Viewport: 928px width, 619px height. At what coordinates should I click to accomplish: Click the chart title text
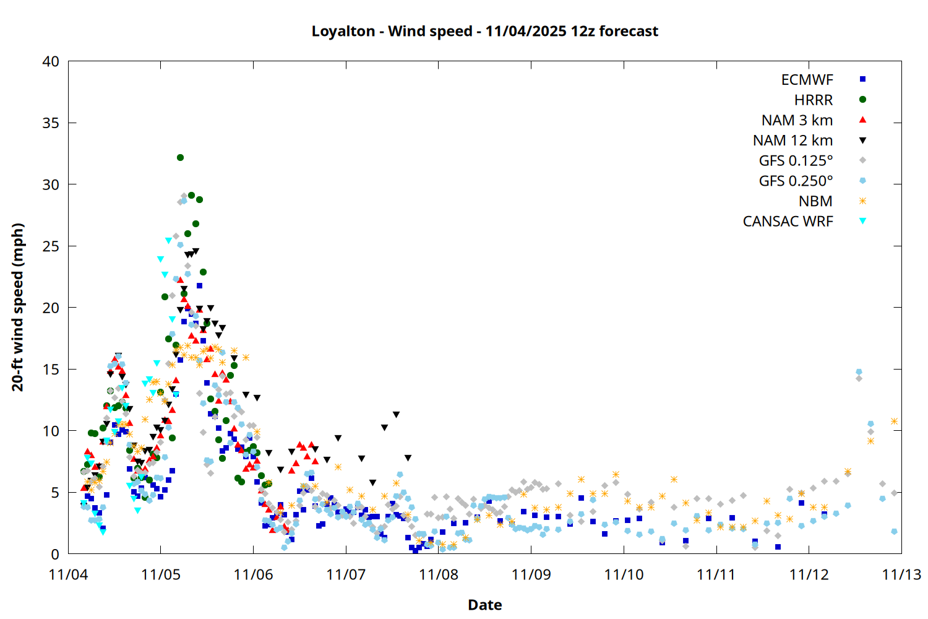click(484, 31)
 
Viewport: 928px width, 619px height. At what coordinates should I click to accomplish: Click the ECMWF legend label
click(807, 80)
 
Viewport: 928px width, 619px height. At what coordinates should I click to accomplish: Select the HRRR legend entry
click(814, 100)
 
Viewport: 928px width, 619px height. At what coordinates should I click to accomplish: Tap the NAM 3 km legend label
click(797, 120)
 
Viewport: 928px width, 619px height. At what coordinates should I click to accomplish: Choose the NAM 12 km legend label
click(793, 141)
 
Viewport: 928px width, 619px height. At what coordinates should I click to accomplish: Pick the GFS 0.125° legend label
click(796, 161)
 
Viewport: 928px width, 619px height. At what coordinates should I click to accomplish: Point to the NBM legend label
click(815, 201)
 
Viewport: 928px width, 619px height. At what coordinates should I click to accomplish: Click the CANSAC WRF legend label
click(788, 222)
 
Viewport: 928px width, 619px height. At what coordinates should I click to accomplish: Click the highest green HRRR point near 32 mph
click(180, 158)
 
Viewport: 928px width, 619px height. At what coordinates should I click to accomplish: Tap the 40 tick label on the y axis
click(51, 61)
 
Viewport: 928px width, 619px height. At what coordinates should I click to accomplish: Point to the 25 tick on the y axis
click(51, 246)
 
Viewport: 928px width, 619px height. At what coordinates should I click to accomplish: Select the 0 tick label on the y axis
click(56, 554)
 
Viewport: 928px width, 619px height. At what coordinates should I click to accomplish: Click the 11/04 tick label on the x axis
click(68, 574)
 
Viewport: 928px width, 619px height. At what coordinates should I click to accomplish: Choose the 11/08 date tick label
click(439, 574)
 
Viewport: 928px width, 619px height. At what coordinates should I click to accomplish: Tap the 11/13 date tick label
click(901, 574)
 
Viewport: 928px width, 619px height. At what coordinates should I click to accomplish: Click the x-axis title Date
click(484, 605)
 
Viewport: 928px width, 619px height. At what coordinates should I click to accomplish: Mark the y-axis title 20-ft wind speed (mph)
click(18, 307)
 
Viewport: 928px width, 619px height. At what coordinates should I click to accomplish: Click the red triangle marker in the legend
click(862, 119)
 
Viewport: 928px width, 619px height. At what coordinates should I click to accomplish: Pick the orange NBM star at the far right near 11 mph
click(894, 421)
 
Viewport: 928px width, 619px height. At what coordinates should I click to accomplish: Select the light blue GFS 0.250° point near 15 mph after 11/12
click(859, 372)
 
